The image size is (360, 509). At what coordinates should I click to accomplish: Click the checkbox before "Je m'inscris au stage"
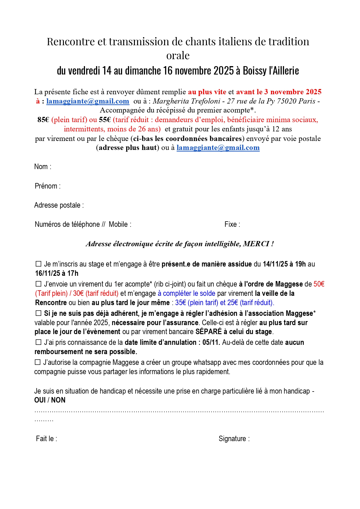coord(38,264)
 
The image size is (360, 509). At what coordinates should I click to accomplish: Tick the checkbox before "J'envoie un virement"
coord(38,284)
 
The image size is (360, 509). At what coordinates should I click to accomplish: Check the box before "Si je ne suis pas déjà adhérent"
coord(38,313)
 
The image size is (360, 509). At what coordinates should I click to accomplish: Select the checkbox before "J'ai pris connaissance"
coord(38,342)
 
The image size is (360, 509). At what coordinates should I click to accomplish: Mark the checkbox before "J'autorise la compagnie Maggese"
coord(38,362)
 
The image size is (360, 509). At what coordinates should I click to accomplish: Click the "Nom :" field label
coord(43,167)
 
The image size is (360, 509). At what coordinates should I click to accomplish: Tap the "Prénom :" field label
coord(48,186)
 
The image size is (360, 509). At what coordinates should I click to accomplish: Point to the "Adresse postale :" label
coord(59,205)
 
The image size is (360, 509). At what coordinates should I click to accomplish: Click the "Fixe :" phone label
coord(232,224)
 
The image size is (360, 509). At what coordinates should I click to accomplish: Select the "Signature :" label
coord(234,439)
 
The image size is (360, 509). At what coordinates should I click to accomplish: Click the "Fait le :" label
coord(46,439)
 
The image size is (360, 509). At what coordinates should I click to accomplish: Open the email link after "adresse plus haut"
coord(218,148)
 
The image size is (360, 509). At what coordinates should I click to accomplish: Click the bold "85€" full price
coord(43,120)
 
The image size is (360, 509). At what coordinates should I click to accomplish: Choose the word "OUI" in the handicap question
coord(40,400)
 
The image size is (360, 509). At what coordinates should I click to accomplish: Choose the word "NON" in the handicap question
coord(58,400)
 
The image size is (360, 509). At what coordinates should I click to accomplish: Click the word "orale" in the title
coord(178,55)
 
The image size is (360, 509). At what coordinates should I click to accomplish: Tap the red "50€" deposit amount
coord(319,284)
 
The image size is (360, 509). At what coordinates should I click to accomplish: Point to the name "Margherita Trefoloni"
coord(187,101)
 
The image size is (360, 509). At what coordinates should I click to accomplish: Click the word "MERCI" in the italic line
coord(256,244)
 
